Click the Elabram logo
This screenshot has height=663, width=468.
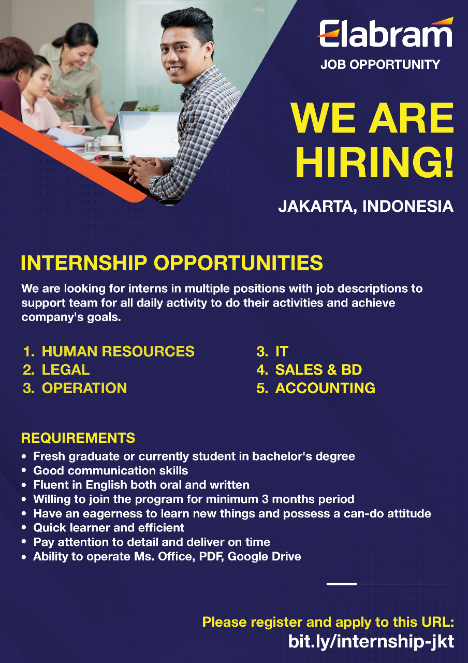point(385,33)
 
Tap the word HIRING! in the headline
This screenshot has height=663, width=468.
point(374,162)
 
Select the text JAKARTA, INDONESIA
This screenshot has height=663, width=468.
point(366,206)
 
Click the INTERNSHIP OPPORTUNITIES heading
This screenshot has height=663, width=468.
point(171,263)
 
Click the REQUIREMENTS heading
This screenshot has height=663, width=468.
point(78,438)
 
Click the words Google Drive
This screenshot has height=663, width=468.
point(264,556)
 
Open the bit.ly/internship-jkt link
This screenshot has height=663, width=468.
point(371,641)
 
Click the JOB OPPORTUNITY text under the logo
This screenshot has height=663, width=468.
point(381,65)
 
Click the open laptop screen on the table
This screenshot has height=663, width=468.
point(150,135)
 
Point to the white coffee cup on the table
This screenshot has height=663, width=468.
point(109,140)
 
